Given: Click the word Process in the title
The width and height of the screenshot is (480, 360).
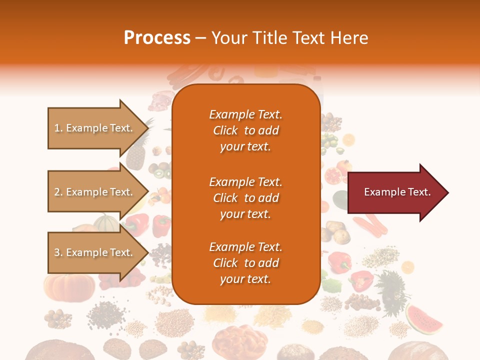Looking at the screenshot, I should tap(157, 38).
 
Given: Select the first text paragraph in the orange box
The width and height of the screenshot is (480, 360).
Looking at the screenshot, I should tap(245, 130).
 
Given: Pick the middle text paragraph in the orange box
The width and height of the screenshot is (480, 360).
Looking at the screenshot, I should tap(245, 197).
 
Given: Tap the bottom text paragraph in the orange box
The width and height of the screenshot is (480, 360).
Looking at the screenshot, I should tap(245, 263).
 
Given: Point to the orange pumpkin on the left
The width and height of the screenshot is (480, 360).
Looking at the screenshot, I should tap(69, 286).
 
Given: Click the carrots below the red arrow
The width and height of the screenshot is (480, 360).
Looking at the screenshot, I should tap(374, 225).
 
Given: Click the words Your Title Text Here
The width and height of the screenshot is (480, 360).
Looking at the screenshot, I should tap(290, 38).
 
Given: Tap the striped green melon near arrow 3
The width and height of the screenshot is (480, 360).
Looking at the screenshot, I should tap(107, 223).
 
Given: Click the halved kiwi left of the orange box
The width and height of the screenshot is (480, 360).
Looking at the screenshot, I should tap(161, 174).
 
